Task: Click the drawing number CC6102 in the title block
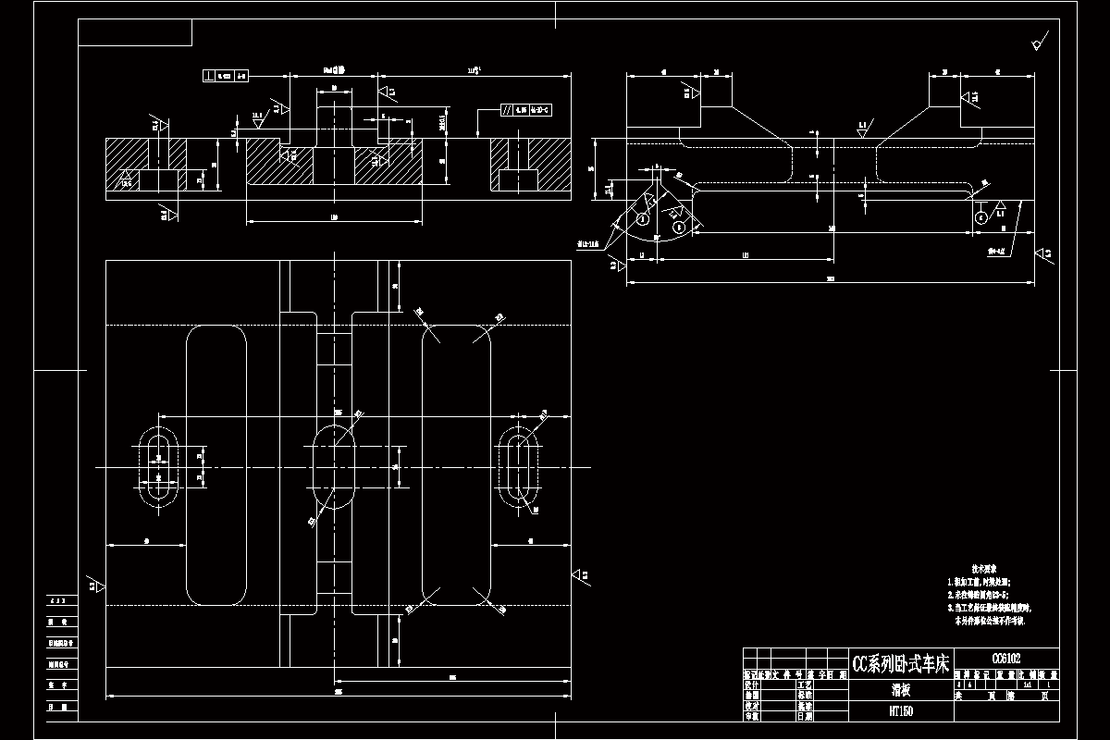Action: (x=1005, y=659)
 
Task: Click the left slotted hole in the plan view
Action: (x=159, y=467)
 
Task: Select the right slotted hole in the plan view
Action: (x=518, y=467)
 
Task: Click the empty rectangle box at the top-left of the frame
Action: (x=135, y=32)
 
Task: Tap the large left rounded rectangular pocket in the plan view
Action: (x=217, y=465)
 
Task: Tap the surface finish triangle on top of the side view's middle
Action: (x=862, y=130)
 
